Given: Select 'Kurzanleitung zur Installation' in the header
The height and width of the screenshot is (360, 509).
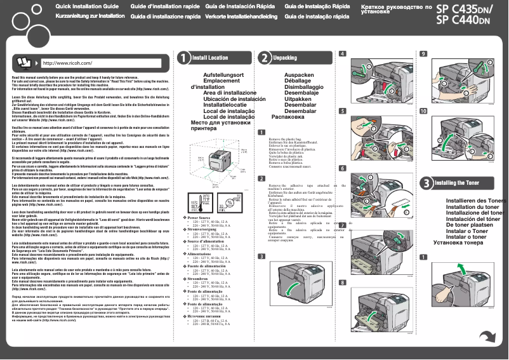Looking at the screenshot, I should [x=90, y=15].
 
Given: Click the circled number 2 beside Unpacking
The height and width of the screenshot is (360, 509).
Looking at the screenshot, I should [x=263, y=58].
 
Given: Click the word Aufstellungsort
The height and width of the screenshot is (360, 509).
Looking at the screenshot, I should [x=223, y=75].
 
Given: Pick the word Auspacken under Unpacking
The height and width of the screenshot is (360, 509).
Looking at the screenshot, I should [x=299, y=75].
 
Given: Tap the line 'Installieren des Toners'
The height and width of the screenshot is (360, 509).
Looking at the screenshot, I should [x=475, y=183].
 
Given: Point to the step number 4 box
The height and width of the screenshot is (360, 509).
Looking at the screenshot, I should [x=343, y=54].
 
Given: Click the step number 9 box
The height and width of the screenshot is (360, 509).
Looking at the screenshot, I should [x=423, y=54].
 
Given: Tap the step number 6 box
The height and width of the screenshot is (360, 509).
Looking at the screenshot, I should [x=343, y=168].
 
